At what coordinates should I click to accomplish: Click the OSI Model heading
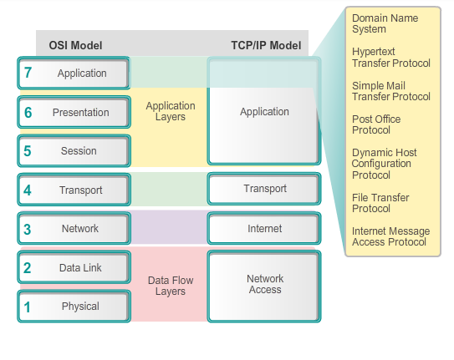77,45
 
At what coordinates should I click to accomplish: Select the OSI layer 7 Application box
74,74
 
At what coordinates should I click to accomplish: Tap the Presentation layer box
74,112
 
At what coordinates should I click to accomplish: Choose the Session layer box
74,151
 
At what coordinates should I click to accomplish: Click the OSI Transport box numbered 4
74,190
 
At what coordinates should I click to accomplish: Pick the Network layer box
74,229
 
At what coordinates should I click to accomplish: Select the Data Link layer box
74,268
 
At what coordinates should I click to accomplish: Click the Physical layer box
74,307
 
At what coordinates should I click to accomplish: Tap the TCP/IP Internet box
264,228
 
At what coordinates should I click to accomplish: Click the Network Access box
264,285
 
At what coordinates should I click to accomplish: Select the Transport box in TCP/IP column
264,189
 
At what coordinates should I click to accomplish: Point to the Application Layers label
170,112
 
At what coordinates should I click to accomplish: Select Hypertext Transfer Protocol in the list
390,58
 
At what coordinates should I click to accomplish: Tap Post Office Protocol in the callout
376,124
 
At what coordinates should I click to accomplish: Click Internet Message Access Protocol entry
390,236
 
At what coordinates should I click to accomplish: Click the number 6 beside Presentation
28,113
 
